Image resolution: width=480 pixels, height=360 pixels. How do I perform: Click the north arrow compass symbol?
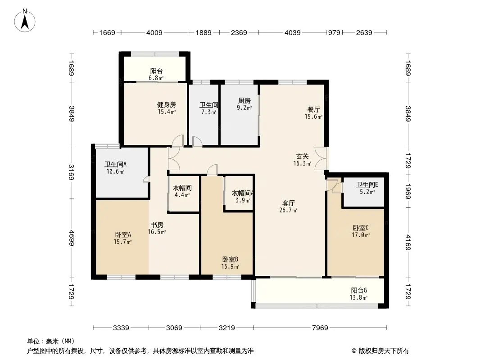tap(25, 20)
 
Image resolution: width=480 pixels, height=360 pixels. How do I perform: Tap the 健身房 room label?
tap(167, 105)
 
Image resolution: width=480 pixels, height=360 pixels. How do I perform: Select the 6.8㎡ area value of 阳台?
tap(156, 78)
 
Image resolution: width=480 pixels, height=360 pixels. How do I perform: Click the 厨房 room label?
tap(245, 101)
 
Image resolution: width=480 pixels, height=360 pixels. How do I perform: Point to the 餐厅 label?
tap(313, 109)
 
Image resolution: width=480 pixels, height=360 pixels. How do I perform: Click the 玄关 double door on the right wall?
tap(321, 158)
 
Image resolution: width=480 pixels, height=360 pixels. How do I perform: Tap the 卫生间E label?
tap(367, 185)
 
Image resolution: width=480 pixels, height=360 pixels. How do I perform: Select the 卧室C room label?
tap(361, 228)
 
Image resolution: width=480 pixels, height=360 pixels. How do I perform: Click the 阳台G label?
tap(359, 291)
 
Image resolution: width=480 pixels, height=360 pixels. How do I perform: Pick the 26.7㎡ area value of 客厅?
tap(288, 211)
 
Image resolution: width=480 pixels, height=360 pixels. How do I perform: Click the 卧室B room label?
tap(230, 260)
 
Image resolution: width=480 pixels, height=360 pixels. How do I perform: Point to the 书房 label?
tap(157, 225)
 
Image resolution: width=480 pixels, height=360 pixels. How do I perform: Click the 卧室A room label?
tap(123, 235)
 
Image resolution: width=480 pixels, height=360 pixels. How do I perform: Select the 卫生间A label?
tap(115, 165)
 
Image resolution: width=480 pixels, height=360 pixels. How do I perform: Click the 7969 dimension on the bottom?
tap(320, 328)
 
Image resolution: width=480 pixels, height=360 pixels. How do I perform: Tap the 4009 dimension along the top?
tap(154, 33)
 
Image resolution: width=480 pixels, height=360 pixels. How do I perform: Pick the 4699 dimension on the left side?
tap(71, 238)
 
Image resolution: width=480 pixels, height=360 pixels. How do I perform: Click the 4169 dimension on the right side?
tap(408, 242)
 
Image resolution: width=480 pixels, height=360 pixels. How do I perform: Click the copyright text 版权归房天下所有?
tap(384, 351)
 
